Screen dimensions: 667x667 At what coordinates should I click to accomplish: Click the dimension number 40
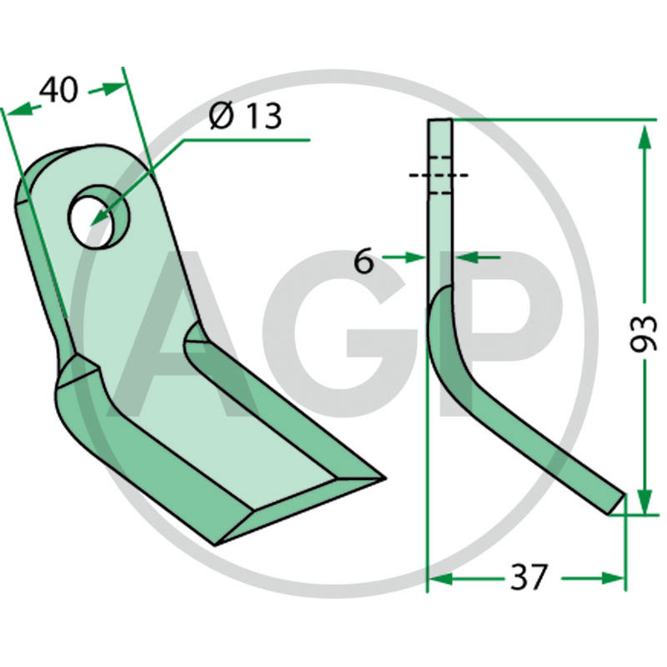coord(58,90)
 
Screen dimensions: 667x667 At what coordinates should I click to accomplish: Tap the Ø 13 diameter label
coord(246,116)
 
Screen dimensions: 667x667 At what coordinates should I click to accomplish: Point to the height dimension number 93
coord(644,333)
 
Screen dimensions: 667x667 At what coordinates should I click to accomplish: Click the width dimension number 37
coord(528,577)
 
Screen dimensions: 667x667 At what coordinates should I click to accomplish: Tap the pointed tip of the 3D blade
coord(385,478)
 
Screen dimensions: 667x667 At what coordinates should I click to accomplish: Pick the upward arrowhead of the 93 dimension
coord(644,138)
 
